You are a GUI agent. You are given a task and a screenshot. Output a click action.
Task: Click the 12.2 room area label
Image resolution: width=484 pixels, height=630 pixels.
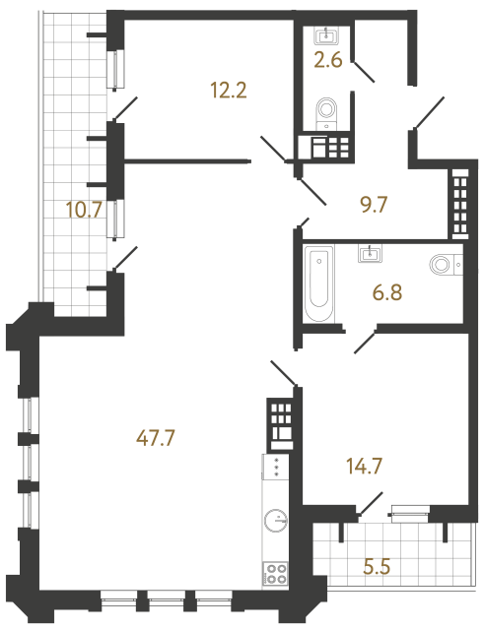point(227,91)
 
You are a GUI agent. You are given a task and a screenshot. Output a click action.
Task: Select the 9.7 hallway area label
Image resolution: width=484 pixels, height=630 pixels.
point(372,206)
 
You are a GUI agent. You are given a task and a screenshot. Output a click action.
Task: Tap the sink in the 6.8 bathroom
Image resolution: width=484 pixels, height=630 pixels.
point(373,255)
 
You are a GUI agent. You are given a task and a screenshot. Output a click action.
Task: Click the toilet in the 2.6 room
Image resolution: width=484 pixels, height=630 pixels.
point(325,112)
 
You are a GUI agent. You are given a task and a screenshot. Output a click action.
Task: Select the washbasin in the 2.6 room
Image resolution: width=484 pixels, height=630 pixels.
point(325,37)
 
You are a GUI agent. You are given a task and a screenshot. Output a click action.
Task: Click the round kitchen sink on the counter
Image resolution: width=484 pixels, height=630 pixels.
point(275,521)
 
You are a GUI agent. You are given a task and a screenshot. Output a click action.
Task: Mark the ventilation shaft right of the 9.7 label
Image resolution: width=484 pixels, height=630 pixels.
point(460,203)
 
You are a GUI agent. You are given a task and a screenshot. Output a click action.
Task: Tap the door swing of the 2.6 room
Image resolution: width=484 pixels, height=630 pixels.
point(363,71)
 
